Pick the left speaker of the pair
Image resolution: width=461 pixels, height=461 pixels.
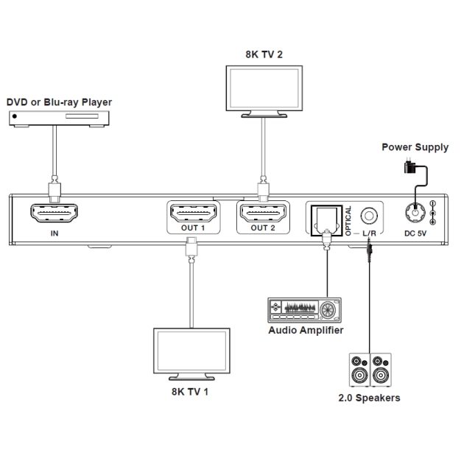(x=360, y=370)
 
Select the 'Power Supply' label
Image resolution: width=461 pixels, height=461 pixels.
(x=414, y=147)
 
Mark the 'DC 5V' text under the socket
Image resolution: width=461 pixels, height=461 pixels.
(x=415, y=234)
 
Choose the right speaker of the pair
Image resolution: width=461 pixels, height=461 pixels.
(x=382, y=370)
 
